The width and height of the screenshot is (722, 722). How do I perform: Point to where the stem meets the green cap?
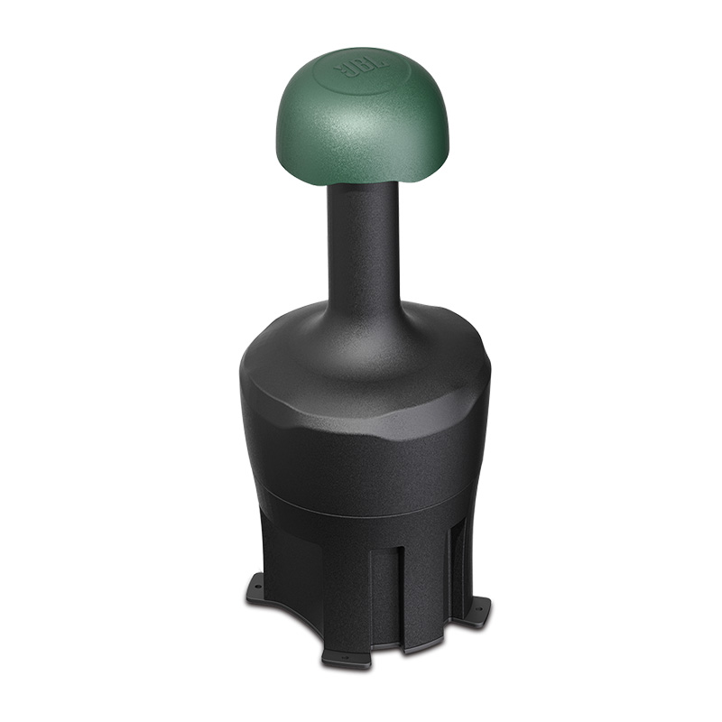[363, 185]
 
